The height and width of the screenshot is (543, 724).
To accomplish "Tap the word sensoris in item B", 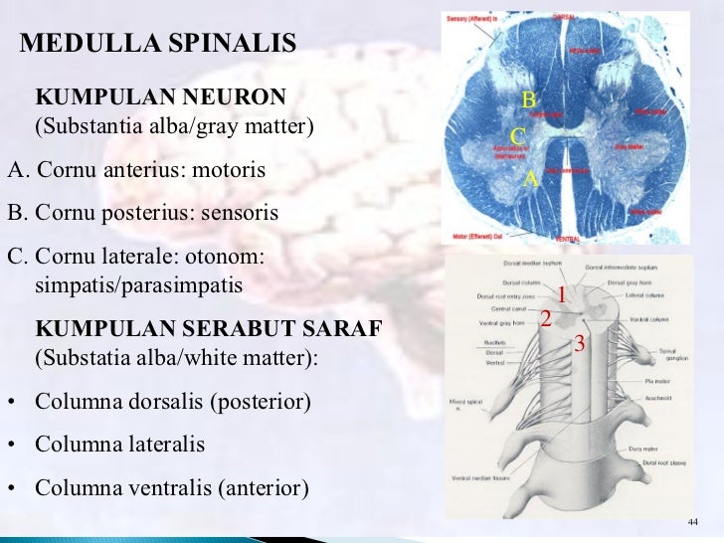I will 237,214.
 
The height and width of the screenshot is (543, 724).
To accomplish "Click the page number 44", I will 693,524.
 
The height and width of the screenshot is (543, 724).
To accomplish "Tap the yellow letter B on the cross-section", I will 529,99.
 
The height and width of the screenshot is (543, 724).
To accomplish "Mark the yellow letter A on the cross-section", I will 530,180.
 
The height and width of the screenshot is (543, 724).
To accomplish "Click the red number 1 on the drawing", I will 561,295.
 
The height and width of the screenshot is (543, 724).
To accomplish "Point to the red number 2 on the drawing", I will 545,318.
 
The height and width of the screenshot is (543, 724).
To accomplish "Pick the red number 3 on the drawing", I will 580,344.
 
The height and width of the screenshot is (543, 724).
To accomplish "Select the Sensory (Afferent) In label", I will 472,19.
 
